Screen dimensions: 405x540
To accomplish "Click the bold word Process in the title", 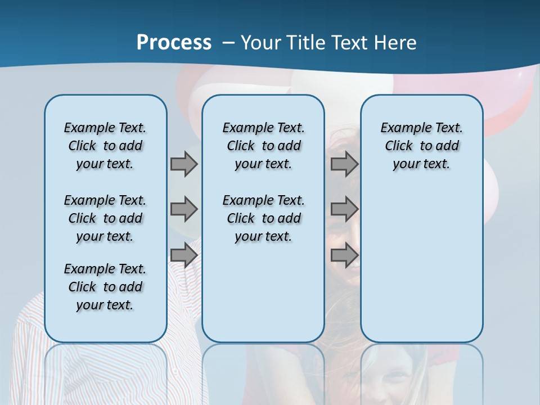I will click(174, 43).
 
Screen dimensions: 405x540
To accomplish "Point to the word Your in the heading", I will click(261, 43).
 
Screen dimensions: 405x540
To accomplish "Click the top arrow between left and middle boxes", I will click(184, 164).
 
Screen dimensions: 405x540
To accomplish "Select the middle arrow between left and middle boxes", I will click(184, 209).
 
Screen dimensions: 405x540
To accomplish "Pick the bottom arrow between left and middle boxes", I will click(184, 255).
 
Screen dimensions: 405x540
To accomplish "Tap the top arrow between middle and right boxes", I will click(344, 164).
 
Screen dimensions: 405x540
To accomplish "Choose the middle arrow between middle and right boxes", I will click(344, 209).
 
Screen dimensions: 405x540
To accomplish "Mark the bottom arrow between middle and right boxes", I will click(344, 255).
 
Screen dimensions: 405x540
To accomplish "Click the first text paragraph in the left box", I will click(105, 146).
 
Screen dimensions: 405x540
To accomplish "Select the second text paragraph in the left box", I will click(105, 218).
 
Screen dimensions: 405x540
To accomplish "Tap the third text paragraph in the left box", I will click(105, 287).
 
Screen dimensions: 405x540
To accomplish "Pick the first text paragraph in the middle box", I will click(263, 146).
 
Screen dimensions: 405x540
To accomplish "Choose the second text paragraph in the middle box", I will click(263, 218).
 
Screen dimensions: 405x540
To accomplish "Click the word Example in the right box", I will click(400, 128).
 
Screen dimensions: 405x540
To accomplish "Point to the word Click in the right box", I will click(399, 146).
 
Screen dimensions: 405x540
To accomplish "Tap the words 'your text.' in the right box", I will click(421, 164).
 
